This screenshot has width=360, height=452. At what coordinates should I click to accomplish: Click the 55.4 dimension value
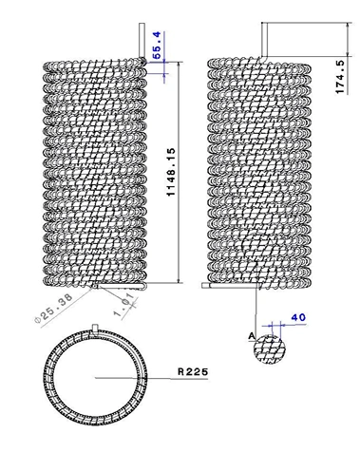[x=158, y=46]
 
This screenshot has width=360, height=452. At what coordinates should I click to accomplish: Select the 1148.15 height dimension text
[x=171, y=172]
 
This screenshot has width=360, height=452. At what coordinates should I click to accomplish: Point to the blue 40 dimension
[x=298, y=317]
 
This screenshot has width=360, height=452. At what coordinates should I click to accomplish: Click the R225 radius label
[x=193, y=371]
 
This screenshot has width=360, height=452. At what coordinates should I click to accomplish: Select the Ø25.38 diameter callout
[x=54, y=309]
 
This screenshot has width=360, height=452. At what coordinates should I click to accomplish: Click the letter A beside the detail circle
[x=252, y=336]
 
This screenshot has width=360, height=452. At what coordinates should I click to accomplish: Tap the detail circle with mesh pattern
[x=270, y=349]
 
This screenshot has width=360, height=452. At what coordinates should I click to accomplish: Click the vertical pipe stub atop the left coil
[x=142, y=40]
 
